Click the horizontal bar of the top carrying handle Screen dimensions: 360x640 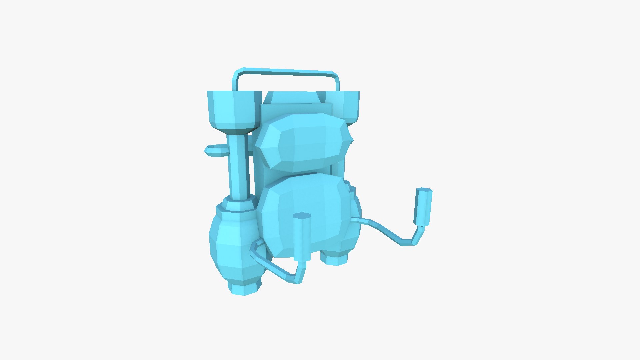pyautogui.click(x=287, y=71)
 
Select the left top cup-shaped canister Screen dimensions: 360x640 pyautogui.click(x=233, y=107)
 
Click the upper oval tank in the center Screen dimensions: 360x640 pyautogui.click(x=305, y=142)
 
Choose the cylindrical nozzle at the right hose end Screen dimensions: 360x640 pyautogui.click(x=423, y=207)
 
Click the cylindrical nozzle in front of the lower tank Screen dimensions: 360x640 pyautogui.click(x=302, y=237)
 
